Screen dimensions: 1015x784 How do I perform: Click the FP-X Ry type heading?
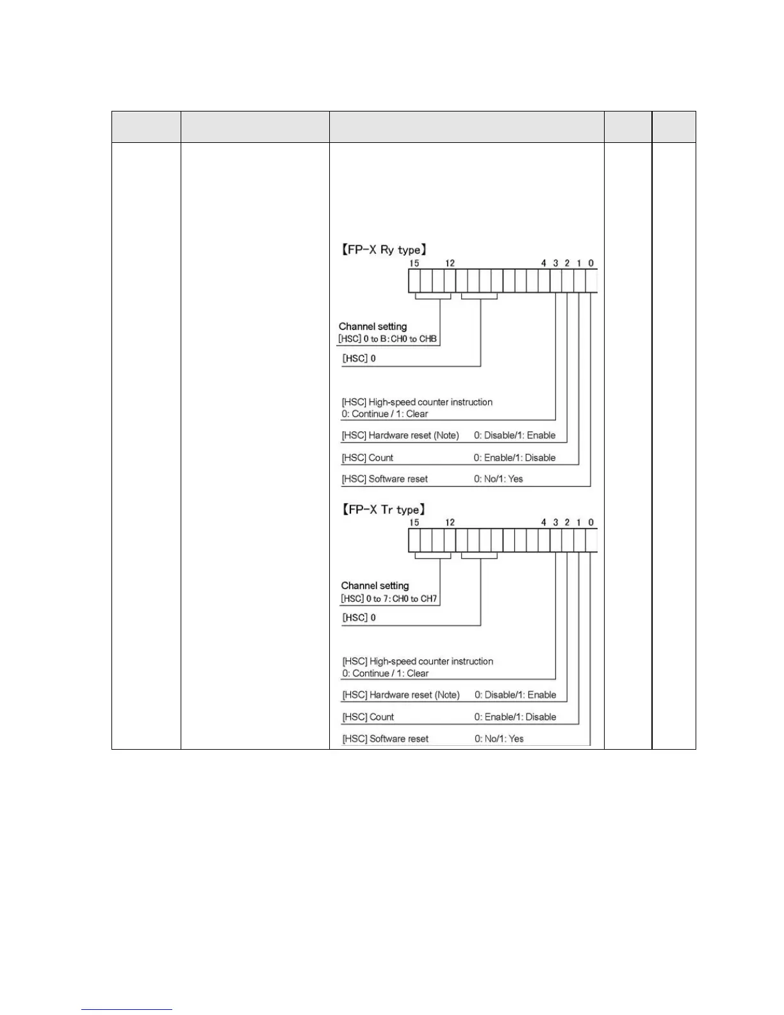(x=382, y=250)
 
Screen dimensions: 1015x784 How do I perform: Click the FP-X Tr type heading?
(x=382, y=510)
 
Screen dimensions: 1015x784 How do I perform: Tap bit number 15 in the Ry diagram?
(x=414, y=263)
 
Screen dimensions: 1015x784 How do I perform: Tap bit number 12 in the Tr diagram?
(x=450, y=522)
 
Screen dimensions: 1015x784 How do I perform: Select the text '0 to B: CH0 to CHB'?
(x=400, y=339)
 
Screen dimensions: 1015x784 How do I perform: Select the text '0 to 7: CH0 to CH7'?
(x=400, y=599)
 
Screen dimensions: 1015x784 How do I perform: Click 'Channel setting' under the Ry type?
(x=373, y=327)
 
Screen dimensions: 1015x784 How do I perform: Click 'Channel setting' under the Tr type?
(x=375, y=586)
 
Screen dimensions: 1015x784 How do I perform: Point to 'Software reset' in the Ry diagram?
(x=398, y=479)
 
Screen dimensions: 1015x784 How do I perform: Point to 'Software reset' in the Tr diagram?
(x=398, y=739)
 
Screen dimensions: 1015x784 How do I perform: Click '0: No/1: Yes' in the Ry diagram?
(x=498, y=479)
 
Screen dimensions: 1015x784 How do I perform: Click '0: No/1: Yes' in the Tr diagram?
(x=499, y=739)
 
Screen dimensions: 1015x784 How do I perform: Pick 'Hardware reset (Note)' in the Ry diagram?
(x=414, y=436)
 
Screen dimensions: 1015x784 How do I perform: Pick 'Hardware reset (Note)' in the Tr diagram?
(x=414, y=695)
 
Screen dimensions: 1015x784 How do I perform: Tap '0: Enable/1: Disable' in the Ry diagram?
(x=514, y=458)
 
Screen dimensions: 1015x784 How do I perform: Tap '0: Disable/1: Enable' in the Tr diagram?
(x=515, y=695)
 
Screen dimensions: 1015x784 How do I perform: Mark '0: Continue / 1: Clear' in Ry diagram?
(x=384, y=414)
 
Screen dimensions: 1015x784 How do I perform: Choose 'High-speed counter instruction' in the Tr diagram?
(x=431, y=661)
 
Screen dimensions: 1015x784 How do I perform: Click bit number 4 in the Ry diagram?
(x=543, y=263)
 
